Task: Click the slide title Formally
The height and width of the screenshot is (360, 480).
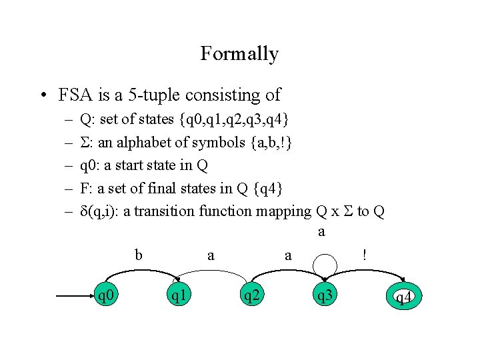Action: [239, 53]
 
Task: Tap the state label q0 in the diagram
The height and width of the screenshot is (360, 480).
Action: [105, 295]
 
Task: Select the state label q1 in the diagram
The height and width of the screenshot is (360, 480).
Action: [178, 295]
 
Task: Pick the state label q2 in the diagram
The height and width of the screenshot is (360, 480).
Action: [251, 295]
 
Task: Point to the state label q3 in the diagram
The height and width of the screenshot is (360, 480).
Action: [324, 295]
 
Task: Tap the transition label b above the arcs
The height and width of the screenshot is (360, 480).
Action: [139, 254]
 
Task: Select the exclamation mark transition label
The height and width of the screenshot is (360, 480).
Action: [364, 254]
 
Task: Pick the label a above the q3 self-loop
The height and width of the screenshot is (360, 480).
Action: [322, 232]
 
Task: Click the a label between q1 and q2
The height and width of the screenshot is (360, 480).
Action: [211, 255]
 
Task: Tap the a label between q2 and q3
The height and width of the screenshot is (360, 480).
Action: [288, 255]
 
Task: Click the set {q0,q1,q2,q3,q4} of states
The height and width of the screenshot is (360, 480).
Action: [234, 120]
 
